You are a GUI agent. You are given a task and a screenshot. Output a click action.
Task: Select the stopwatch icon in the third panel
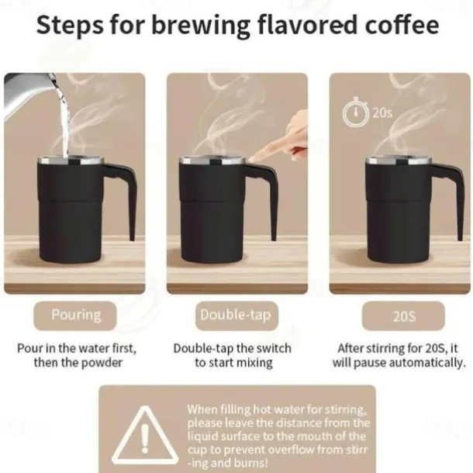pyautogui.click(x=354, y=112)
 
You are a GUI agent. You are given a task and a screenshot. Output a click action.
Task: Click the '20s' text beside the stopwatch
pyautogui.click(x=382, y=112)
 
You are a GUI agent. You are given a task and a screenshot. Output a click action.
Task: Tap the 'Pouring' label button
pyautogui.click(x=76, y=315)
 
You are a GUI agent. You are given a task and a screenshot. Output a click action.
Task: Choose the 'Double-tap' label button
pyautogui.click(x=236, y=315)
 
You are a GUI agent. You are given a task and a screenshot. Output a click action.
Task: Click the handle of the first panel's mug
pyautogui.click(x=123, y=198)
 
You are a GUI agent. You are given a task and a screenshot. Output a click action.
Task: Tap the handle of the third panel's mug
pyautogui.click(x=454, y=198)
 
